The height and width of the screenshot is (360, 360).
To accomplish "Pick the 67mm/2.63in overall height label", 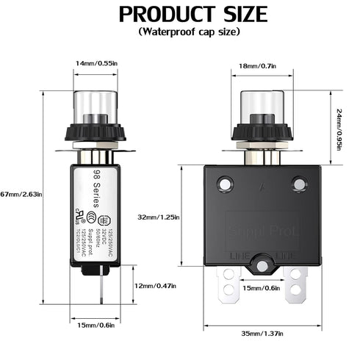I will coord(20,194).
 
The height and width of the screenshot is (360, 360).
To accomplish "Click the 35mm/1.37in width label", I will coord(262,334).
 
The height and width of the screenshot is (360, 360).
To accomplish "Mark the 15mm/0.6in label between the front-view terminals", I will coord(262,287).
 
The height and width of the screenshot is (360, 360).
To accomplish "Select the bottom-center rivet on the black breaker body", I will coord(262,263).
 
